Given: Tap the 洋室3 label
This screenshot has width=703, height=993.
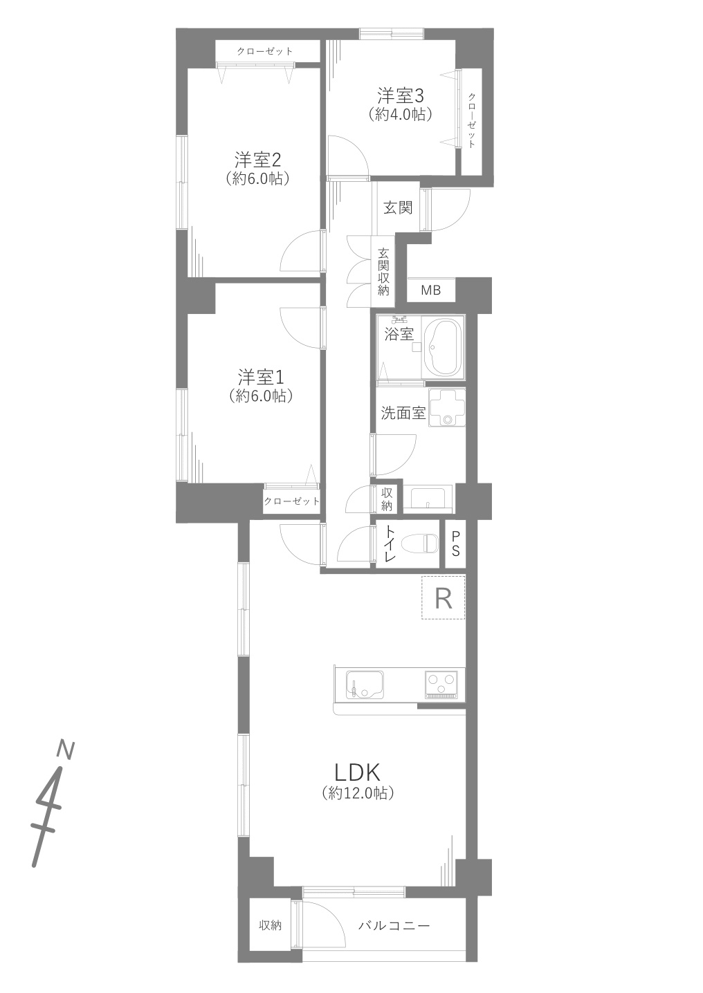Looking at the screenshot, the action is point(400,95).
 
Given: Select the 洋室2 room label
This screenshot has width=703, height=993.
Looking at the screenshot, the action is point(257,159).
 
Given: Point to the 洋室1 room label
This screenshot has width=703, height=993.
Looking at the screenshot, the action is point(261,378).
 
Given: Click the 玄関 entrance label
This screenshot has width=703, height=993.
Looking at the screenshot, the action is point(398,207).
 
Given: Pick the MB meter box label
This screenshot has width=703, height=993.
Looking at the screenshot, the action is point(430,290).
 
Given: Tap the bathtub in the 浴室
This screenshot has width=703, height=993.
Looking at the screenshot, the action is point(441,348).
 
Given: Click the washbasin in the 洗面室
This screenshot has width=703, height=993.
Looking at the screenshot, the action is point(446,408).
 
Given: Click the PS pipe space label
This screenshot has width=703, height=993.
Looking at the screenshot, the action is point(455,544).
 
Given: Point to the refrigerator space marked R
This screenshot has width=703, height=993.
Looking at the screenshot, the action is point(443,599).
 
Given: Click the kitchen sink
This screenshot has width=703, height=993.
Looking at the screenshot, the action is point(365,685).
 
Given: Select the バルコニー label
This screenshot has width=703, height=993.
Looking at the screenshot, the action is point(394,926).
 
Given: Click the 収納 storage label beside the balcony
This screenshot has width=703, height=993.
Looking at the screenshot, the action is point(270,926).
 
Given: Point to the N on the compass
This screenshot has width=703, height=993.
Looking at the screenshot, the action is point(66,749).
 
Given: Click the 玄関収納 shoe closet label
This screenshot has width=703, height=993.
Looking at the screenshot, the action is point(383,272).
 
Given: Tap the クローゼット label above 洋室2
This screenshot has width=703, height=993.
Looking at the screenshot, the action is point(264,51).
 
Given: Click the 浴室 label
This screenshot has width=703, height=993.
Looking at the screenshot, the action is point(399,334).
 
